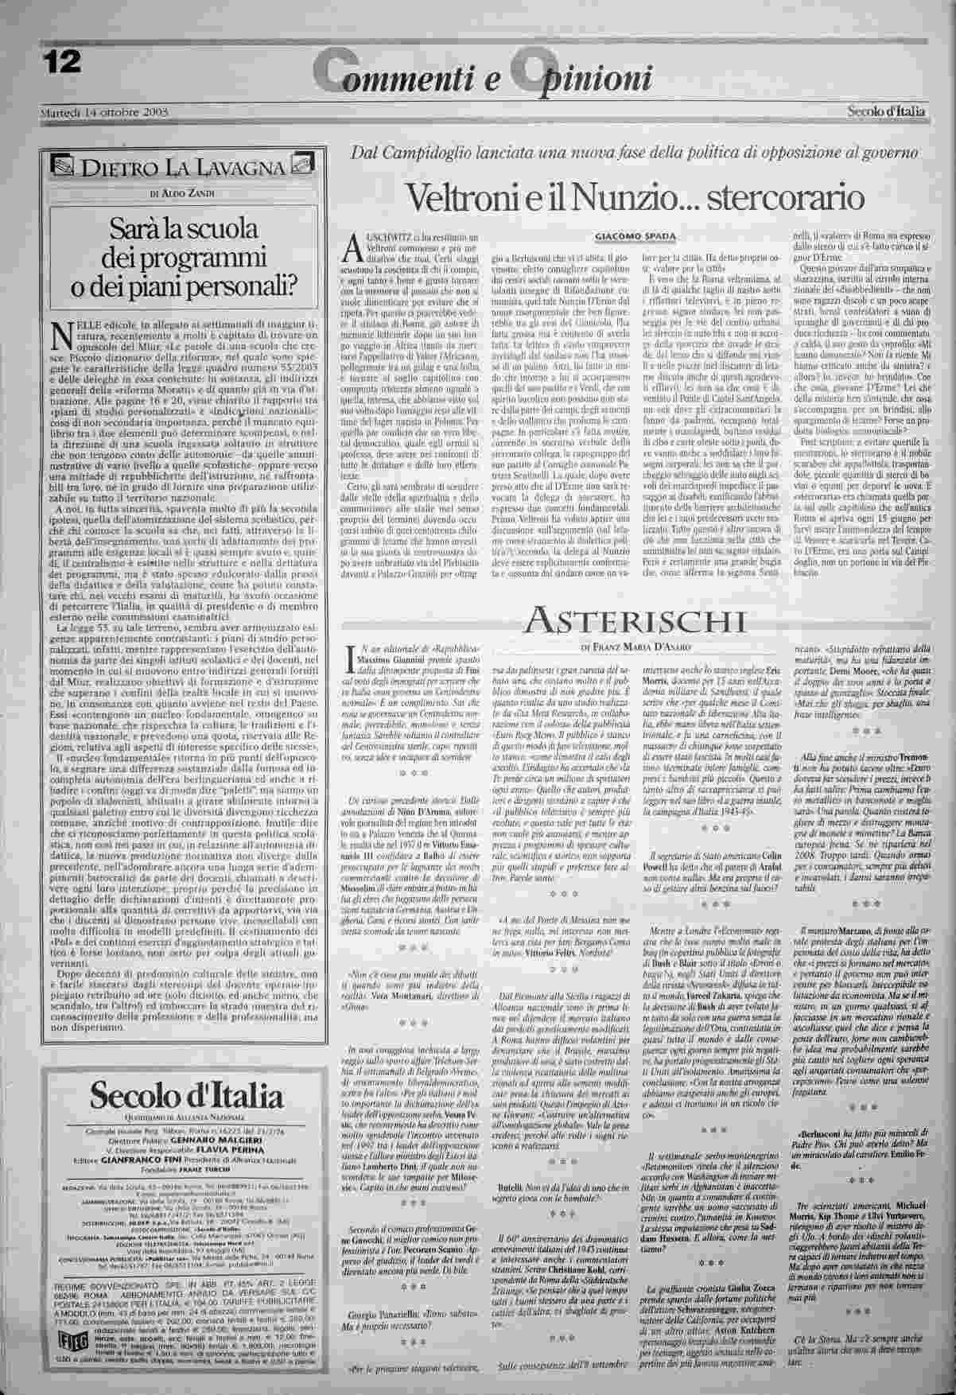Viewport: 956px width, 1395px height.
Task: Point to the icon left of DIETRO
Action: click(x=61, y=166)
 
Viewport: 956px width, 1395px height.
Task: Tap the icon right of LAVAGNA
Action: click(x=301, y=165)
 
